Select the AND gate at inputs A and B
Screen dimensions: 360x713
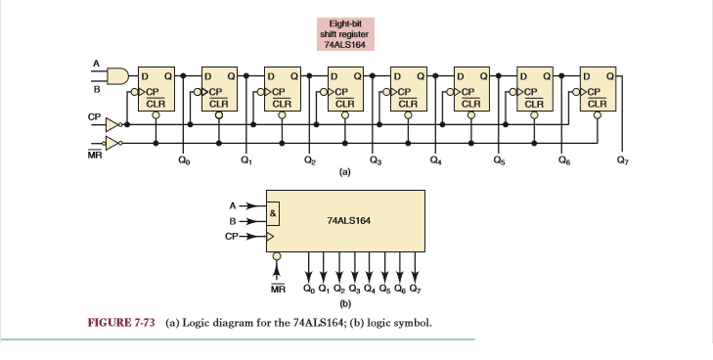pos(118,75)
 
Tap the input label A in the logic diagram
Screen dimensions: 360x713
pos(96,64)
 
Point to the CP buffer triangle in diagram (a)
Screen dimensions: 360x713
pos(114,124)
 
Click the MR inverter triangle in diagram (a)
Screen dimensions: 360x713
pos(114,143)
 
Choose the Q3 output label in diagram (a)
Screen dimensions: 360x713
pos(376,160)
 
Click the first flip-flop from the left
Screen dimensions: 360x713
pos(156,88)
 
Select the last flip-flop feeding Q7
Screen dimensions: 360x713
pos(597,88)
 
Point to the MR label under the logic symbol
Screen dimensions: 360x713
pos(277,289)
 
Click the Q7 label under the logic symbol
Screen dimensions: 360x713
pos(416,289)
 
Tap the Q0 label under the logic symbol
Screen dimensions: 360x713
pos(310,289)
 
